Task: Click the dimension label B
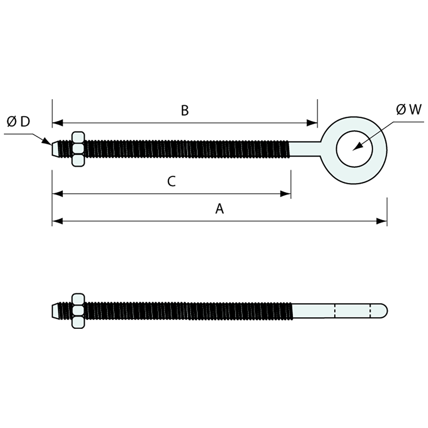click(x=185, y=111)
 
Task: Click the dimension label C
click(x=172, y=181)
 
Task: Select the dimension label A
click(x=220, y=209)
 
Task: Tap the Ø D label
click(x=18, y=122)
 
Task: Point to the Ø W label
click(x=409, y=110)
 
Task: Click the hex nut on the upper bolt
click(x=78, y=149)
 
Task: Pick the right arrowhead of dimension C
click(x=286, y=193)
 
